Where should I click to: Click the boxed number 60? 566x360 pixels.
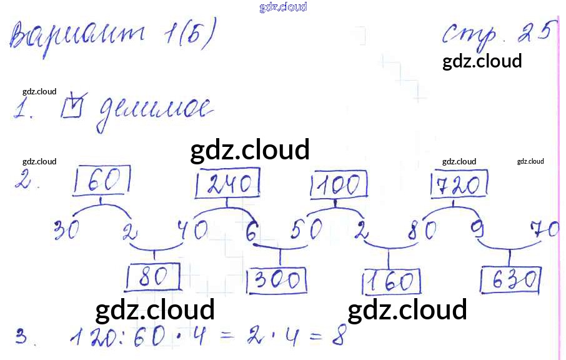tap(102, 181)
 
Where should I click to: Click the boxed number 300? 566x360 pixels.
tap(277, 281)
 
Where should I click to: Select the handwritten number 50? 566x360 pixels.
tap(306, 231)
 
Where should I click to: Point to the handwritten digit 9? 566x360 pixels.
tap(478, 231)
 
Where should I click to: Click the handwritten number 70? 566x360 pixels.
tap(544, 229)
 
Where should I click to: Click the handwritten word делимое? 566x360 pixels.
tap(152, 113)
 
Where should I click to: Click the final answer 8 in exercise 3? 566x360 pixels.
tap(338, 337)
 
